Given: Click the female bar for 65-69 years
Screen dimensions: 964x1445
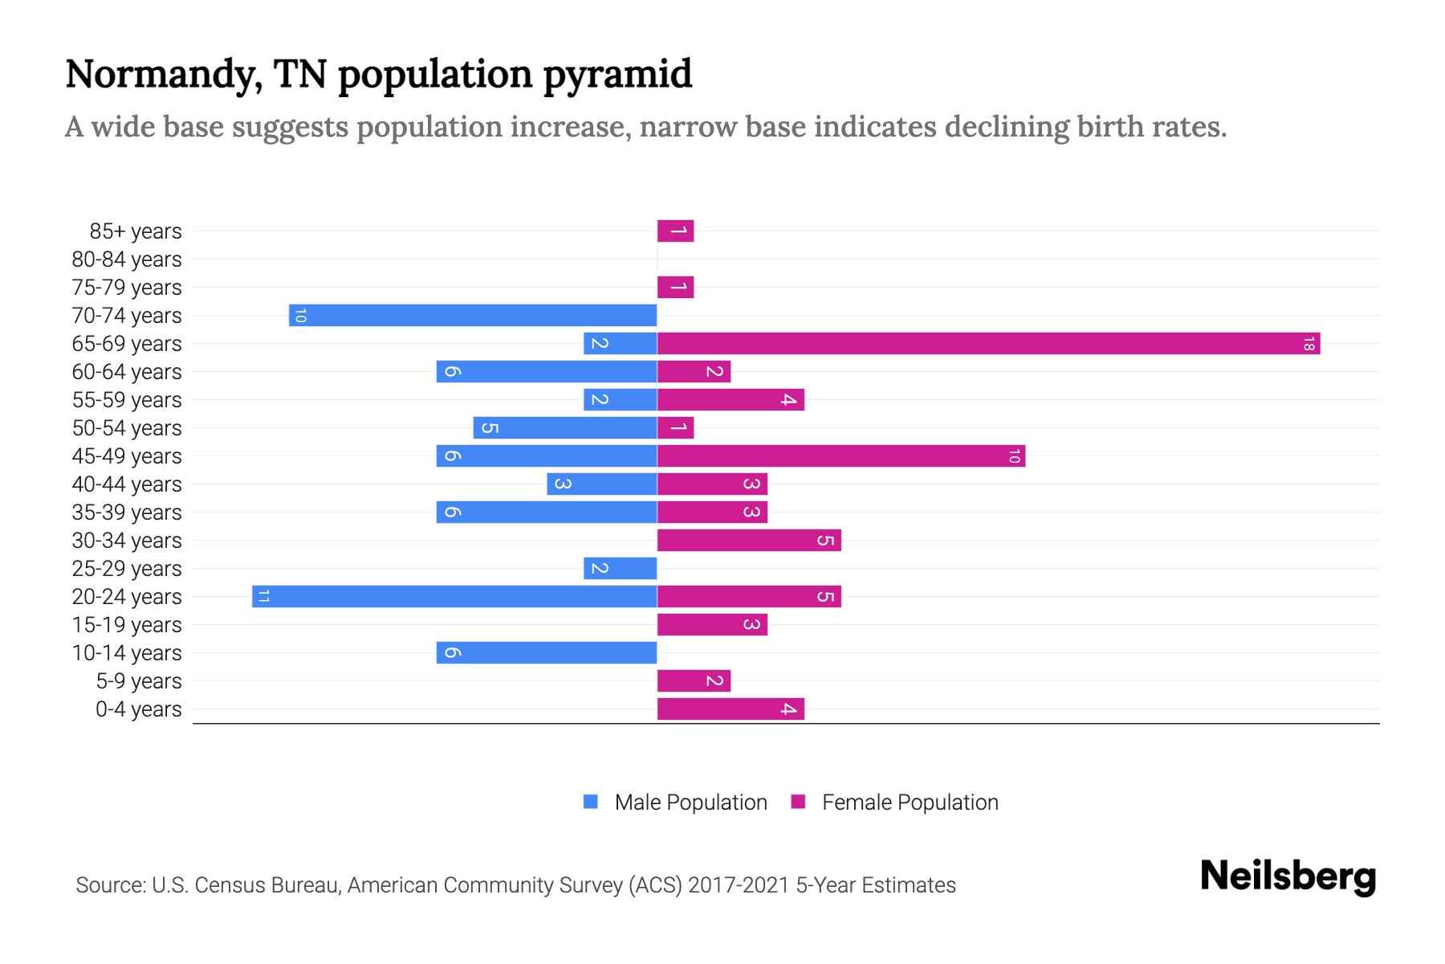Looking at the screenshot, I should (988, 344).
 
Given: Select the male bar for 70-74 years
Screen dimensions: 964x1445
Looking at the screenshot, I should (473, 316).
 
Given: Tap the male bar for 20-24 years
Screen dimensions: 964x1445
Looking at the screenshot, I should (454, 597).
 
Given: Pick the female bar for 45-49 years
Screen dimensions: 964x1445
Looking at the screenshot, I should (841, 456).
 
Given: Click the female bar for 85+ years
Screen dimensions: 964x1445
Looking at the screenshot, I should (675, 231).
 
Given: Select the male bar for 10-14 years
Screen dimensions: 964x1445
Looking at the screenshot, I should (547, 653).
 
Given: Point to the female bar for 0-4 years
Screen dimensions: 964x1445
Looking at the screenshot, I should (731, 709).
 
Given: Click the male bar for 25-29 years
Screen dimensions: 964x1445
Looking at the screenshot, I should (621, 569).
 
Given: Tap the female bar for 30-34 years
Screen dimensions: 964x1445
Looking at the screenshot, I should (749, 541).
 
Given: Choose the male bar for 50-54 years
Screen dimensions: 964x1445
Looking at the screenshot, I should (565, 428).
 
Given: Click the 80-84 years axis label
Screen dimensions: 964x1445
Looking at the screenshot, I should (127, 259).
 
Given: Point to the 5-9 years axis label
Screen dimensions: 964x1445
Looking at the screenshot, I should (138, 681).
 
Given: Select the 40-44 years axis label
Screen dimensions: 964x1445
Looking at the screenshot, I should (127, 484).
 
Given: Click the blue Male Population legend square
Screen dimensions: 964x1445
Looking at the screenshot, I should (591, 802).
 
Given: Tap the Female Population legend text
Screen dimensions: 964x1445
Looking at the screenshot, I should (910, 803).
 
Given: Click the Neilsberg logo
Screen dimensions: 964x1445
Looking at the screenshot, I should (1288, 876).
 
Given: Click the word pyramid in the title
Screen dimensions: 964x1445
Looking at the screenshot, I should (617, 74).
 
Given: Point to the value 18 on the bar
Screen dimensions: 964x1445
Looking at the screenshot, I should (1309, 345).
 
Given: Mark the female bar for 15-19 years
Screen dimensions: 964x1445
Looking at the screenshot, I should (712, 625).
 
